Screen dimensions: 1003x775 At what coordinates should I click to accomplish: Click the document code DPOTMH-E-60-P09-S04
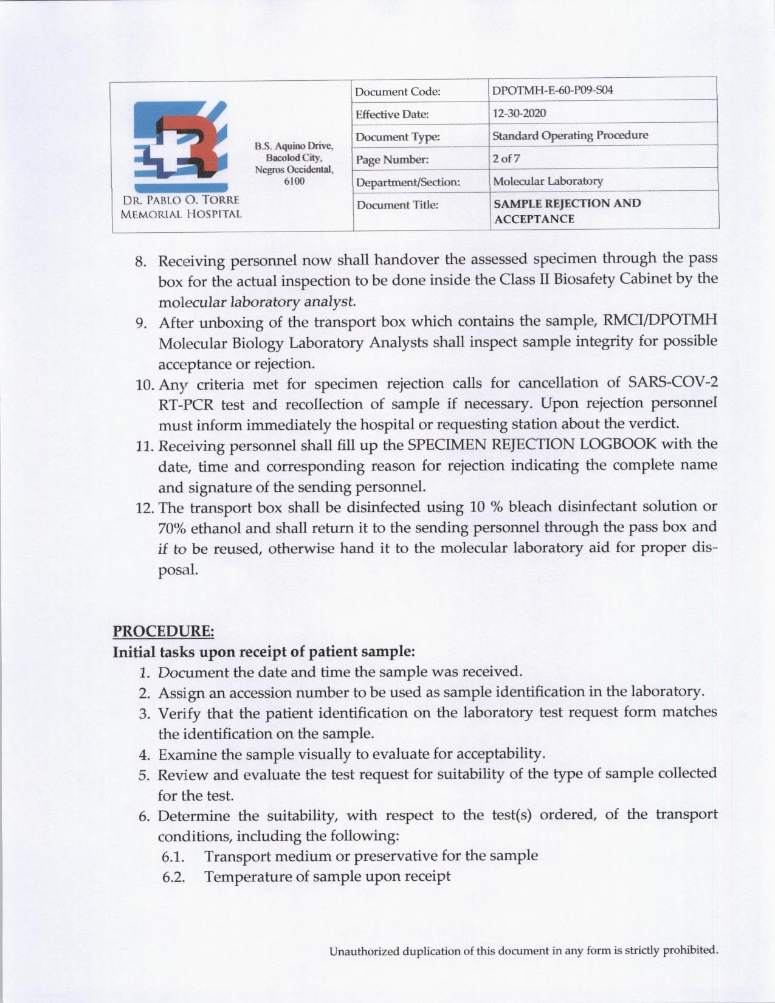coord(552,91)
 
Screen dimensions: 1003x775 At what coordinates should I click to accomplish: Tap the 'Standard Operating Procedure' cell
coord(570,135)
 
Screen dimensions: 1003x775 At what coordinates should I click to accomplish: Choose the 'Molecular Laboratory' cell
coord(548,181)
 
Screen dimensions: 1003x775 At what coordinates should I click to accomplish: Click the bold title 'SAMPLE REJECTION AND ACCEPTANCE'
coord(567,211)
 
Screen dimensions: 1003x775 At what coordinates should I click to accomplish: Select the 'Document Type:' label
coord(397,137)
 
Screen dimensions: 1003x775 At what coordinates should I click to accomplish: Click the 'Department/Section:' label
coord(408,182)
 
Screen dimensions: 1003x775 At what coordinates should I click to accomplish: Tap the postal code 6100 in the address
coord(294,181)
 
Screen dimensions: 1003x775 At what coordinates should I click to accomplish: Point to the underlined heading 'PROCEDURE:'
coord(164,632)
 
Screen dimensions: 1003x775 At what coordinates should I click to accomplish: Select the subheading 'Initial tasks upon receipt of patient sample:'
coord(264,652)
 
